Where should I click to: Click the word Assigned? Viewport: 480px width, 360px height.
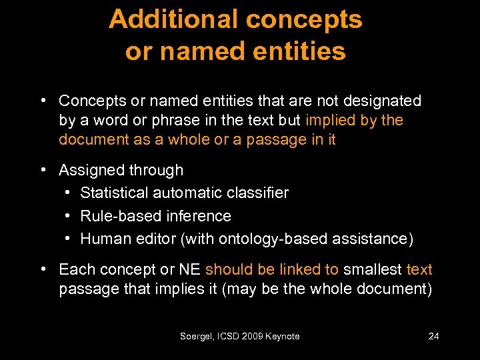click(91, 171)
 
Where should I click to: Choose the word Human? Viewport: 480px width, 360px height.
click(103, 239)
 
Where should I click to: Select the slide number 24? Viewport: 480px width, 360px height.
click(433, 337)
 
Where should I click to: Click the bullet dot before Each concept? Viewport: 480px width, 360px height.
click(43, 270)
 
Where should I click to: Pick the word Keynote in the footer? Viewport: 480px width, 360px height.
click(283, 337)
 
